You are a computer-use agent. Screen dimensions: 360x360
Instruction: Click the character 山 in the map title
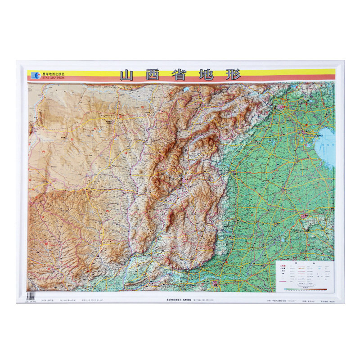coord(129,75)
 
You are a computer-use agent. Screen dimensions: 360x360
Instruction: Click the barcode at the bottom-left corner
coord(31,296)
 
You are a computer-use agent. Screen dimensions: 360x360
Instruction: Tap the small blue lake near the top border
coord(185,89)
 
